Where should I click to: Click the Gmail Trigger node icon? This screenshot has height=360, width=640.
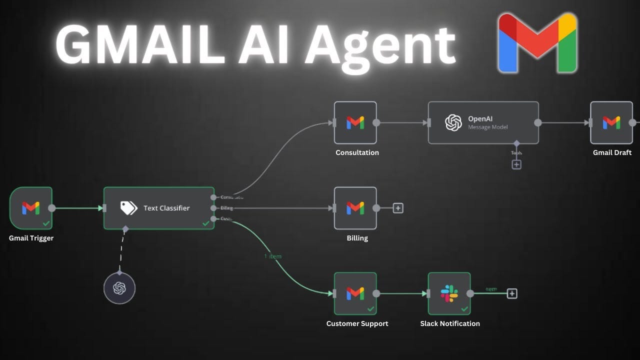[30, 208]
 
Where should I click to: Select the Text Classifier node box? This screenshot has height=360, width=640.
[158, 208]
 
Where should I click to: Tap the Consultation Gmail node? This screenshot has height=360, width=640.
[355, 122]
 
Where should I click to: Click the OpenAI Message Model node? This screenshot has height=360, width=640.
[483, 122]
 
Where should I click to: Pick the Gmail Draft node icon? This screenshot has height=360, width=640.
[611, 122]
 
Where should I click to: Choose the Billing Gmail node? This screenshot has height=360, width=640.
[355, 208]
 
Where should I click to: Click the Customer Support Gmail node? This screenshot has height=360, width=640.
[355, 293]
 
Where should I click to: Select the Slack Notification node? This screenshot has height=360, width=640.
[449, 293]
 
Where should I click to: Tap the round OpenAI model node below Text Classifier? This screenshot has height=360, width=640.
[119, 288]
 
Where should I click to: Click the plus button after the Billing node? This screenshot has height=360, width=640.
[398, 208]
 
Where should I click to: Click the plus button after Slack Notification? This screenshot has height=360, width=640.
[511, 293]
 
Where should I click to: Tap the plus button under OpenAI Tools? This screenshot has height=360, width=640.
[516, 164]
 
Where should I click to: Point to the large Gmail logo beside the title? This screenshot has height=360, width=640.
[537, 43]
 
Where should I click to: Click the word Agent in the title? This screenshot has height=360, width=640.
[380, 46]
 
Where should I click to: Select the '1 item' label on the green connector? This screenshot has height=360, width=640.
[272, 256]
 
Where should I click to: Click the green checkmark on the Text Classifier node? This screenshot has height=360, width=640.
[206, 223]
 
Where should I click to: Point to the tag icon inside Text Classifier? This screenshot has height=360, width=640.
[128, 208]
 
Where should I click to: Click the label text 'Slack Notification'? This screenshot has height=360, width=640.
[449, 323]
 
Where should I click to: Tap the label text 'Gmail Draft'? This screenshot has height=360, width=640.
[612, 152]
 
